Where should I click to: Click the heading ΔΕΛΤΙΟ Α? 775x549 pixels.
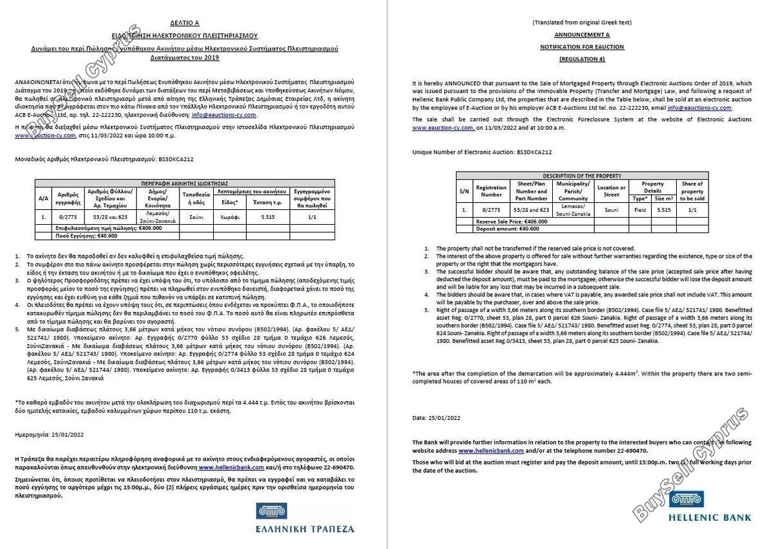click(185, 22)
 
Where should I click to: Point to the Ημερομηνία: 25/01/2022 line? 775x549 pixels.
click(49, 435)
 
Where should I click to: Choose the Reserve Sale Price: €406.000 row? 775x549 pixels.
click(511, 222)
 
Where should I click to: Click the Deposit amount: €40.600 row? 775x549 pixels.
click(507, 229)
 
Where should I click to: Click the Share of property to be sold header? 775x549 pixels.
click(692, 191)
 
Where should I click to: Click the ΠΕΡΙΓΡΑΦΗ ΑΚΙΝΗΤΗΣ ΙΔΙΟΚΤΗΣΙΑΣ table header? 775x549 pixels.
click(185, 183)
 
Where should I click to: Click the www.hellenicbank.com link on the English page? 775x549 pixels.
click(487, 450)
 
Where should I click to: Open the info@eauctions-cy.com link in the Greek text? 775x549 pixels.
click(229, 115)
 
